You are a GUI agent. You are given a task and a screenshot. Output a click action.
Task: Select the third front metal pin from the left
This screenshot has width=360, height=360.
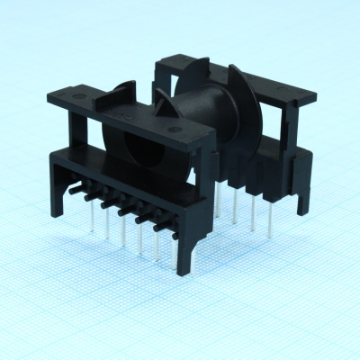(122, 229)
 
